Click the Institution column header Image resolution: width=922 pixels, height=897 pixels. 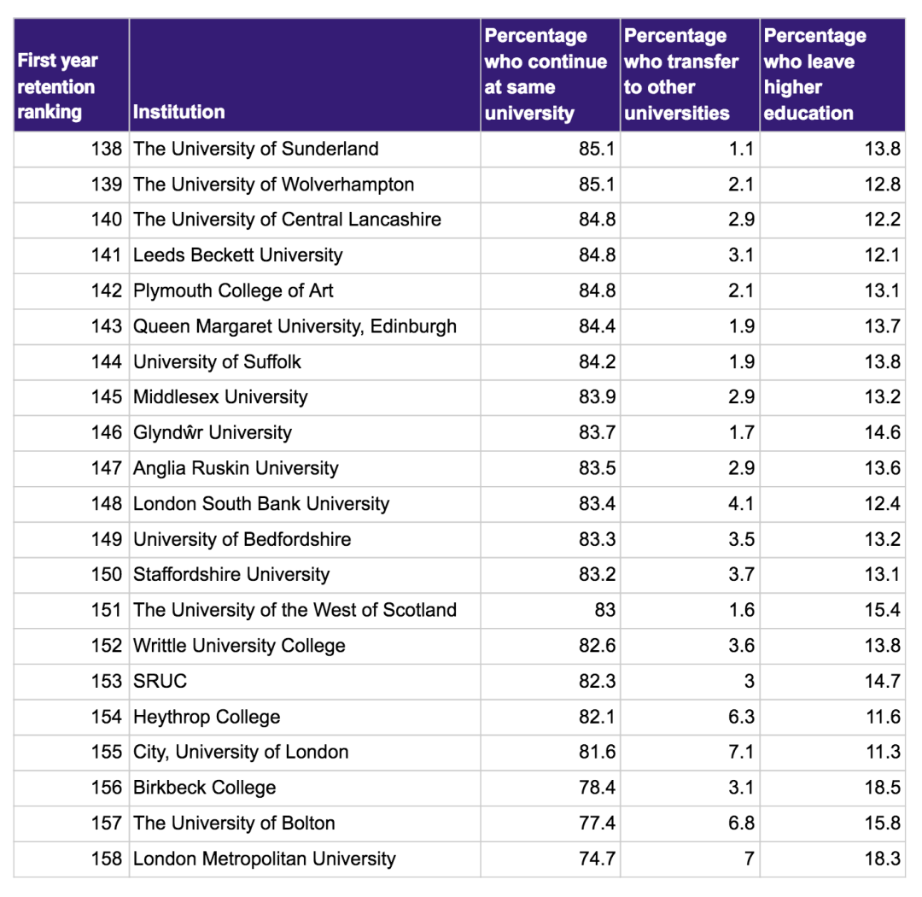coord(179,112)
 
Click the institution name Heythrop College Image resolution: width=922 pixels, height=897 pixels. coord(207,717)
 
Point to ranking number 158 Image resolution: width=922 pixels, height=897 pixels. coord(107,859)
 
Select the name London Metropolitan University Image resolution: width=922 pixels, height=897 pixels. coord(265,859)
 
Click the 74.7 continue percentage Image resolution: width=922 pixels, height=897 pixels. coord(597,859)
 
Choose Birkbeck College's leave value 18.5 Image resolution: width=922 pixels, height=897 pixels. coord(882,788)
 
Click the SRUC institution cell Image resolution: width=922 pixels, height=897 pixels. coord(160,681)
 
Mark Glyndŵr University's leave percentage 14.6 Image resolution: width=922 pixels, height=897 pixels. coord(882,432)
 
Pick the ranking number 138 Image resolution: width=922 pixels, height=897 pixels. coord(107,149)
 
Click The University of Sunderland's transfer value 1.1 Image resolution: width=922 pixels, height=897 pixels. coord(741,149)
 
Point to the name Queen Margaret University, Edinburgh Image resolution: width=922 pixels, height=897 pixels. coord(295,326)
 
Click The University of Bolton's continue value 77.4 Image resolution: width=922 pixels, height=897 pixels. coord(597,824)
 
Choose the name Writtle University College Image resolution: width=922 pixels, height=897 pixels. coord(239,646)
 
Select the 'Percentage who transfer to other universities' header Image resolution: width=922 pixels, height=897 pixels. coord(680,74)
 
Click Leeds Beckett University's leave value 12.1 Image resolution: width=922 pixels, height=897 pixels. coord(882,255)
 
